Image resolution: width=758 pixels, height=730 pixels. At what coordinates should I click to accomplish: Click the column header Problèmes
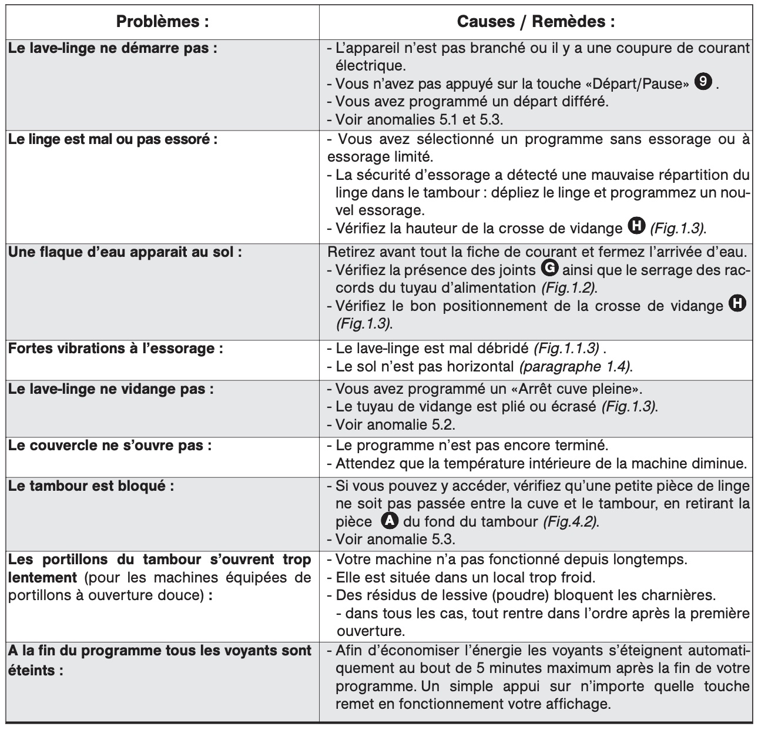[x=162, y=22]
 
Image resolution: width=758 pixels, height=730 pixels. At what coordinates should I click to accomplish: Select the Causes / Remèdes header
[x=536, y=22]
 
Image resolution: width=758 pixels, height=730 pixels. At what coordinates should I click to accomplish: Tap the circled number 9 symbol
[x=702, y=82]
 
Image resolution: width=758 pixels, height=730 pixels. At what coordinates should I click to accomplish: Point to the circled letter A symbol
[x=389, y=520]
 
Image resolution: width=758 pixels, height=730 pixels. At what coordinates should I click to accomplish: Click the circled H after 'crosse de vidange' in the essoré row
[x=635, y=226]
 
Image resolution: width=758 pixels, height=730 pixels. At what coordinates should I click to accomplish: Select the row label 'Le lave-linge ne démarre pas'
[x=112, y=48]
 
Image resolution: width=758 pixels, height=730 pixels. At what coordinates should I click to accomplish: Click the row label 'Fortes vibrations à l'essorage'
[x=115, y=348]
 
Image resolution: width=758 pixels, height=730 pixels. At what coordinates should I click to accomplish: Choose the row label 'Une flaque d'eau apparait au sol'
[x=125, y=252]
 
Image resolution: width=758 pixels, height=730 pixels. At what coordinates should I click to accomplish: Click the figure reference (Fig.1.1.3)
[x=566, y=349]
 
